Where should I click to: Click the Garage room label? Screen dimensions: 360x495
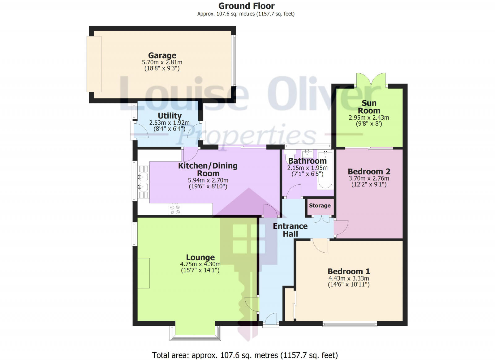(162, 55)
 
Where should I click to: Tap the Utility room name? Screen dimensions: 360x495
(170, 116)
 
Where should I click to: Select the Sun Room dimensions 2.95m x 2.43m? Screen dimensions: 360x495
(369, 118)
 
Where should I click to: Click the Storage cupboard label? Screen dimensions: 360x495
(320, 206)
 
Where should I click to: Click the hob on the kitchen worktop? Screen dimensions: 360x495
(175, 209)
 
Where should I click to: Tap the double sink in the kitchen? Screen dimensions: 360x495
(143, 182)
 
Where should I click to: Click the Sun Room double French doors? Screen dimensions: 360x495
(371, 80)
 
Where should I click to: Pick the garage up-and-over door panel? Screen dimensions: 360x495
(94, 64)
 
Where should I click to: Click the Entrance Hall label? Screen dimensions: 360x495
(290, 230)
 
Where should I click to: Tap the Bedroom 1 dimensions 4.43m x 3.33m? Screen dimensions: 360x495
(349, 278)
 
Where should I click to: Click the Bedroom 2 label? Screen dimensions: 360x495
(369, 171)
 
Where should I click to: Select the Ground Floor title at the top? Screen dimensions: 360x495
(246, 6)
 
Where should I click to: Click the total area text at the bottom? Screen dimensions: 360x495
(245, 355)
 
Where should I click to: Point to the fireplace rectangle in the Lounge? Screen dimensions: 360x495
(144, 273)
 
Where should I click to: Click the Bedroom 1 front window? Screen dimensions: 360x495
(350, 324)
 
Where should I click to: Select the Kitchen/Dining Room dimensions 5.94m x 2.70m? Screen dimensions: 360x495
(208, 180)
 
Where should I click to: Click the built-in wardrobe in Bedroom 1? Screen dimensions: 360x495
(289, 305)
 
